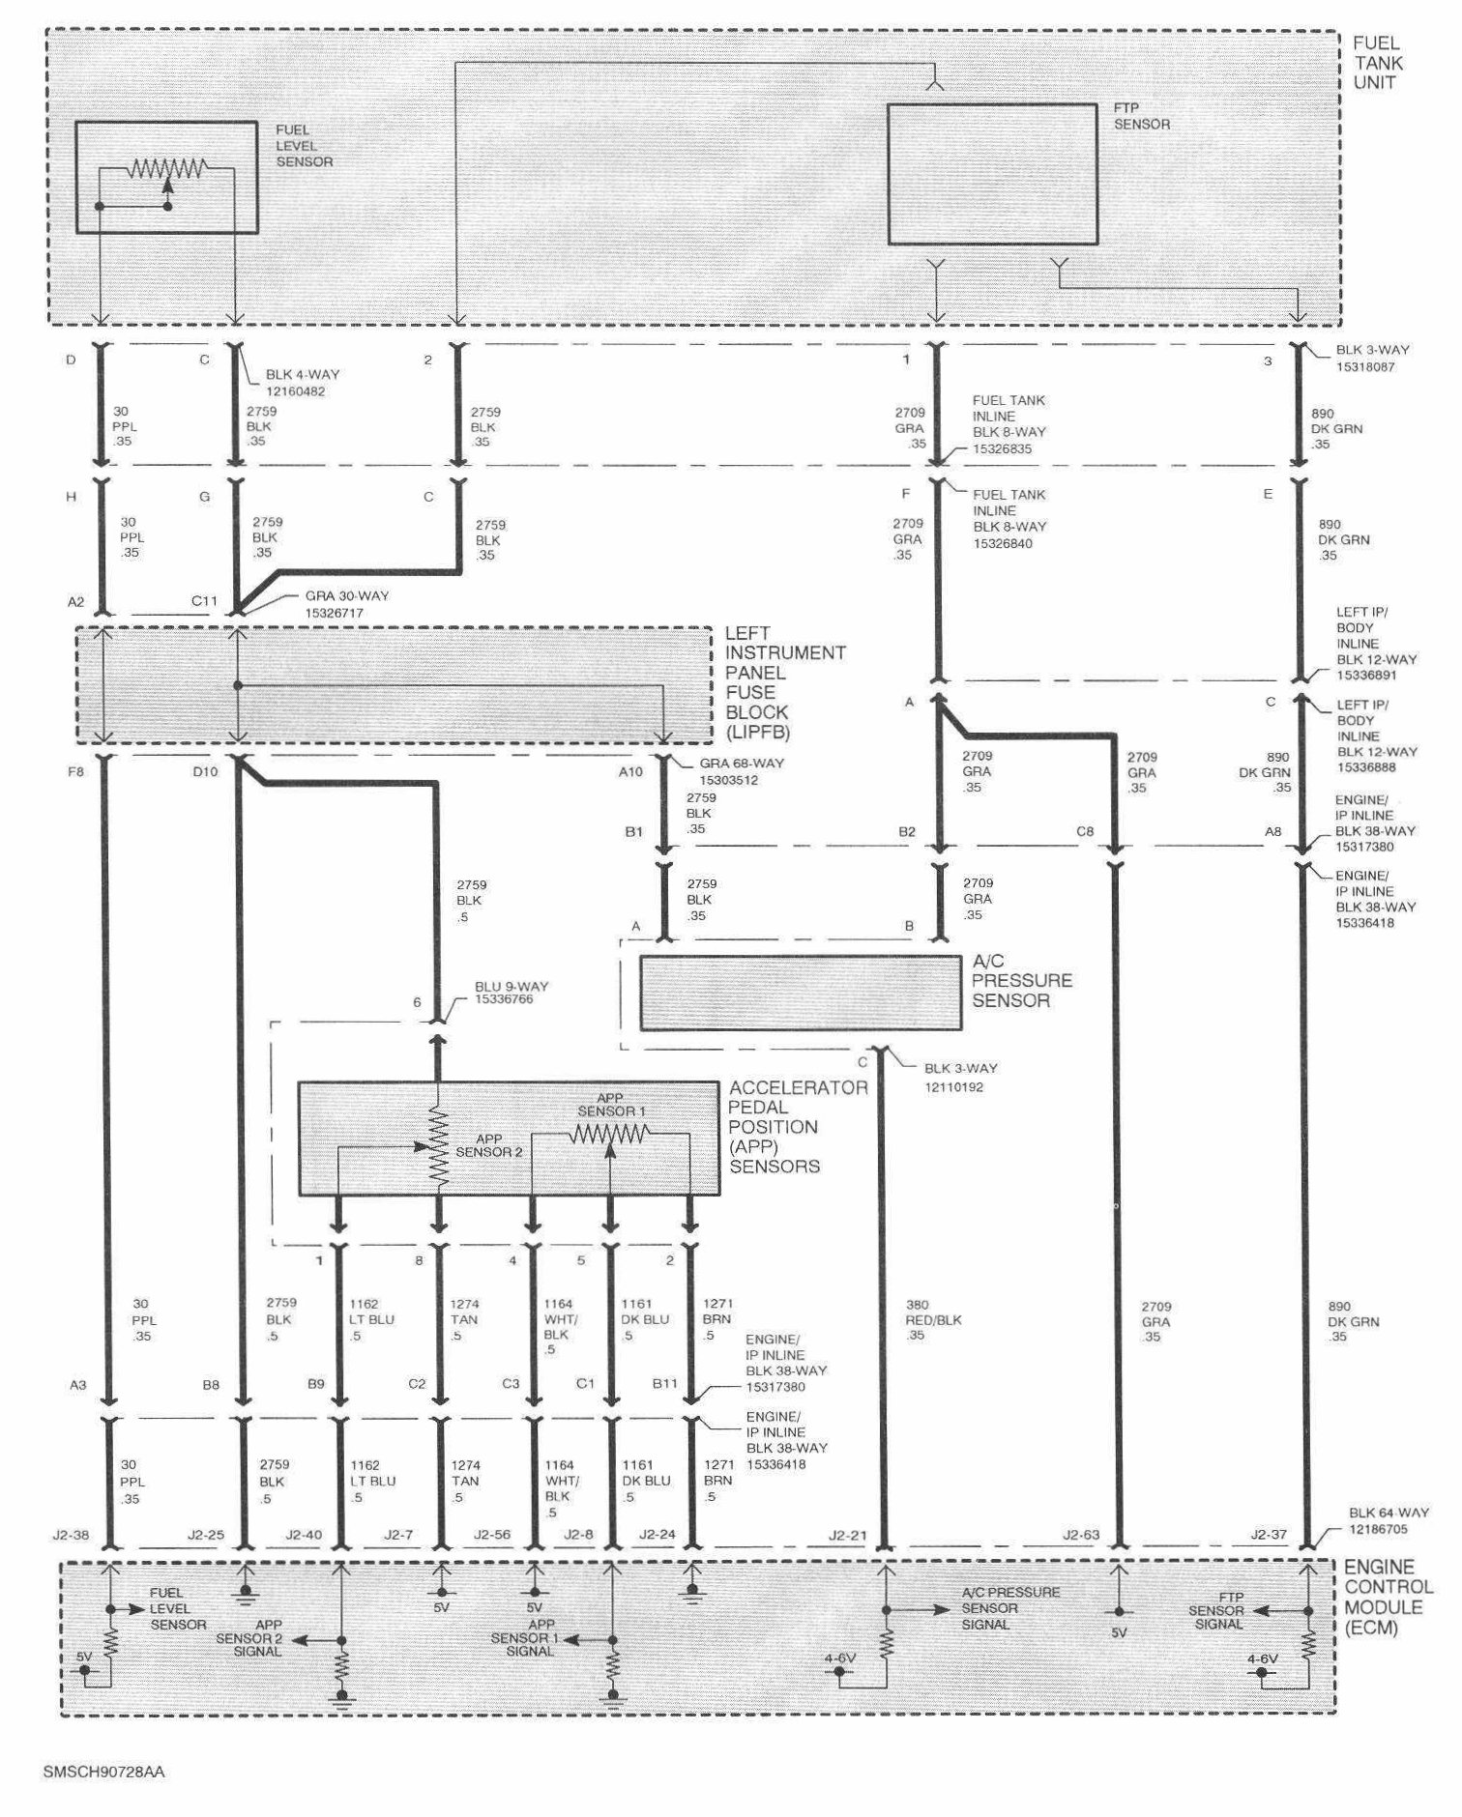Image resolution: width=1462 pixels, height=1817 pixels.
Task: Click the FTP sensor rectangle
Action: (x=992, y=174)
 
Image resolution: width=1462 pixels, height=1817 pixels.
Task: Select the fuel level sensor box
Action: (x=166, y=177)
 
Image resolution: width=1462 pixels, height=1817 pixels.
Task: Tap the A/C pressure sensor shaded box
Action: (x=801, y=993)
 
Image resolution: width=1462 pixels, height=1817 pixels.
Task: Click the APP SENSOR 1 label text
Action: (x=609, y=1105)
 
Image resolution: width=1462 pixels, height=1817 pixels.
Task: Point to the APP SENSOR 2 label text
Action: (x=489, y=1145)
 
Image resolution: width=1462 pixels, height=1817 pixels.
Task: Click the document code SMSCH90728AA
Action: (x=104, y=1773)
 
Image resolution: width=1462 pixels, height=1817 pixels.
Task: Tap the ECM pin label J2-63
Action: (x=1081, y=1535)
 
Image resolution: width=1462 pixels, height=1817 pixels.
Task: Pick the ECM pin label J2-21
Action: (x=848, y=1535)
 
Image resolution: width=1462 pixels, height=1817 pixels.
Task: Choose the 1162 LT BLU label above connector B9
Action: (x=371, y=1319)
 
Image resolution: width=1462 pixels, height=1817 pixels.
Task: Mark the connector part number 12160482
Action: (x=301, y=391)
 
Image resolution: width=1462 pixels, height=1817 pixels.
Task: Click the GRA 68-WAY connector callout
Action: (x=742, y=770)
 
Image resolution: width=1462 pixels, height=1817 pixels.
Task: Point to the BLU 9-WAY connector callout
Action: (x=512, y=993)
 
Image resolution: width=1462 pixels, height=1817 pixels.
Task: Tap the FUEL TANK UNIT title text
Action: (x=1377, y=63)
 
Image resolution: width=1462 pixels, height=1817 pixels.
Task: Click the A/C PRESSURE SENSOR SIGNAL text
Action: (x=1010, y=1608)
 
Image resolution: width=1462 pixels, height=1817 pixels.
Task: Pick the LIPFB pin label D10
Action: (x=205, y=771)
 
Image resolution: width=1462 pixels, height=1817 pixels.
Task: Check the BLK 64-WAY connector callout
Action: (x=1389, y=1521)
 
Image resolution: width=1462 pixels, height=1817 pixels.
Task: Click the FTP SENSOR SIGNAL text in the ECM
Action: (x=1217, y=1611)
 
